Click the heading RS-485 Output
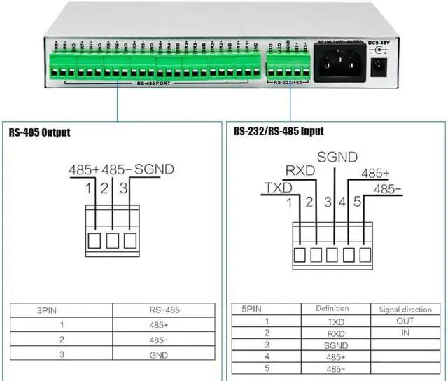click(40, 132)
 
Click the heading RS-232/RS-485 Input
click(279, 131)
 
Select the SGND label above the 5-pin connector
click(337, 157)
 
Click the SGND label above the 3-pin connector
click(154, 169)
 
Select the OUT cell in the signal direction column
click(405, 321)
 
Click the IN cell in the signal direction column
click(405, 333)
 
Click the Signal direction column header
click(405, 308)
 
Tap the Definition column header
click(332, 308)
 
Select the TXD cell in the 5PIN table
click(336, 321)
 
